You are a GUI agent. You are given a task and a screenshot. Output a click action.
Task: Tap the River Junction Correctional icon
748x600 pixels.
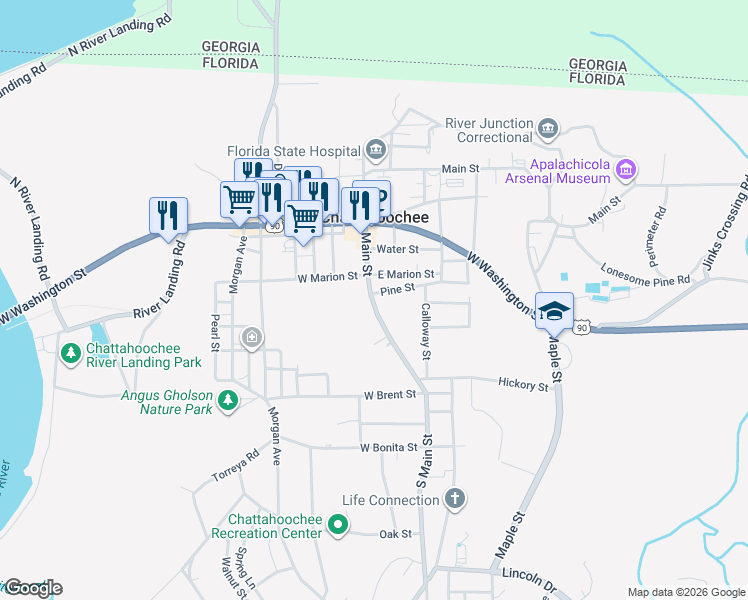(548, 127)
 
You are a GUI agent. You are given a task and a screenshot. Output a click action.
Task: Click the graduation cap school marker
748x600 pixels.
(553, 309)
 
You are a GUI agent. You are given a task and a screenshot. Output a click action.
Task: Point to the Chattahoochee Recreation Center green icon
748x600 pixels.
(338, 522)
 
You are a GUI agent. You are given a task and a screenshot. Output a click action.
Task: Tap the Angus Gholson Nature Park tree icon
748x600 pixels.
(229, 400)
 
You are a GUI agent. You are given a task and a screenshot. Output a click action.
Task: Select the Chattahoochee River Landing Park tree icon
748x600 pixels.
(70, 352)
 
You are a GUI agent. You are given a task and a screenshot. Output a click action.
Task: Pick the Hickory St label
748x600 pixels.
(523, 384)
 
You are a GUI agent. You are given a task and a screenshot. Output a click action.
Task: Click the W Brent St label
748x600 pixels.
(389, 395)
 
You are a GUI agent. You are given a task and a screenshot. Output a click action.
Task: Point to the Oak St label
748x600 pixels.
(395, 534)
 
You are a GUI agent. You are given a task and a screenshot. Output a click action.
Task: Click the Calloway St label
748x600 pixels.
(425, 331)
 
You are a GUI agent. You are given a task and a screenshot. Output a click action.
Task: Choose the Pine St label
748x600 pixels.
(397, 290)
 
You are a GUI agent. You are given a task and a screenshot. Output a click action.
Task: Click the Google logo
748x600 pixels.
(32, 588)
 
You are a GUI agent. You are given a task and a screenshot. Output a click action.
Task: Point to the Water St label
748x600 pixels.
(397, 249)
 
